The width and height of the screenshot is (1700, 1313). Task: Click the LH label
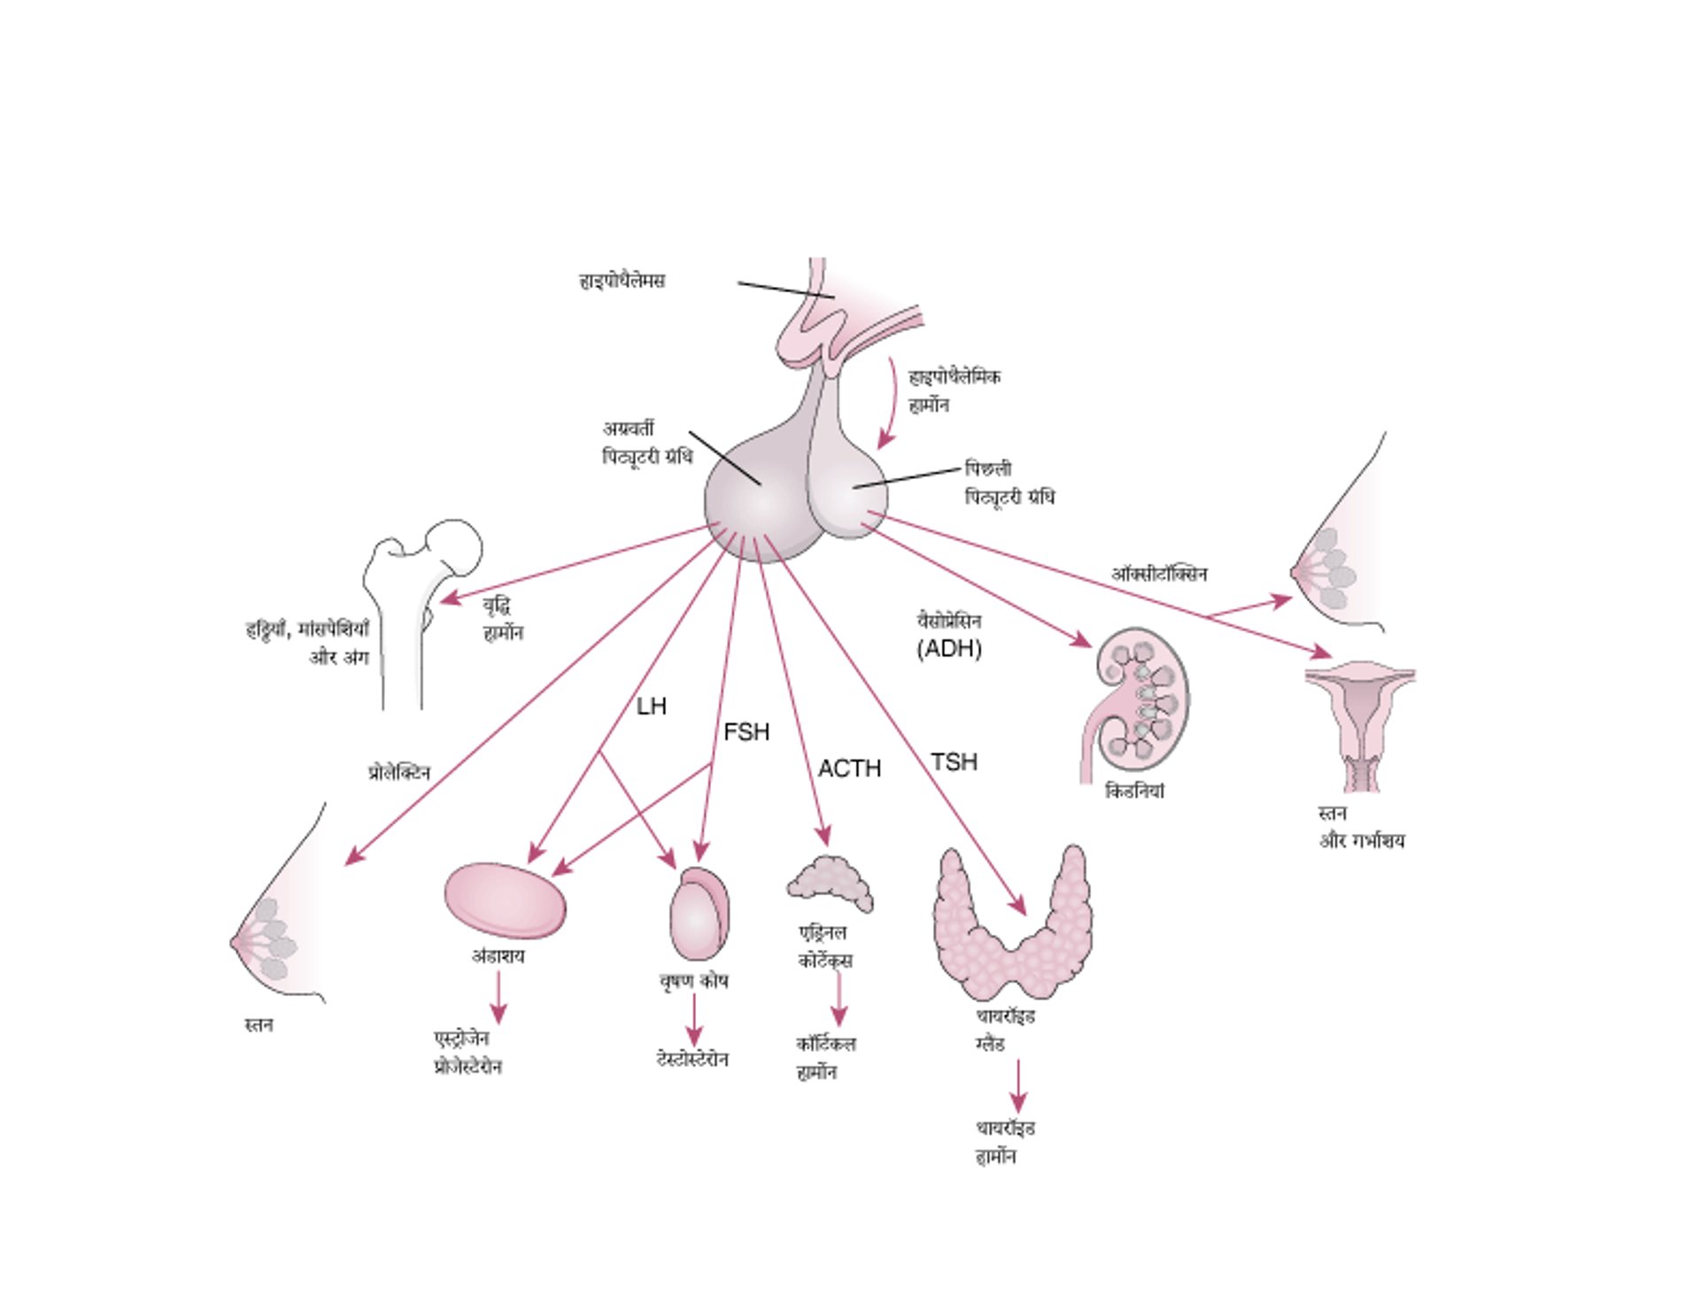(651, 707)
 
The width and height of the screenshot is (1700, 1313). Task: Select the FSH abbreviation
(746, 732)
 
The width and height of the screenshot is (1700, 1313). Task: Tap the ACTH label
(849, 768)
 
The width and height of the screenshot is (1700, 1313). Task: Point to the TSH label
(954, 762)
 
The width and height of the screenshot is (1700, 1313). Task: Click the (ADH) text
(949, 649)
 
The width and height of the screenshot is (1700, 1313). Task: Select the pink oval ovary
(505, 900)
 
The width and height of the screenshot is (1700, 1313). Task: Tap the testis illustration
(699, 915)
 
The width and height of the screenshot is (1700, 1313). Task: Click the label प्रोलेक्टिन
(399, 773)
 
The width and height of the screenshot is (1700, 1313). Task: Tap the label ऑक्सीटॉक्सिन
(1159, 575)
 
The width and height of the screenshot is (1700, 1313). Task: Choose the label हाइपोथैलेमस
(622, 281)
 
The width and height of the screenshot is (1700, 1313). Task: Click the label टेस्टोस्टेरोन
(692, 1060)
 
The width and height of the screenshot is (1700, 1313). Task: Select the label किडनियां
(1134, 792)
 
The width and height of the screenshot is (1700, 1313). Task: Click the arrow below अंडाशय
(498, 998)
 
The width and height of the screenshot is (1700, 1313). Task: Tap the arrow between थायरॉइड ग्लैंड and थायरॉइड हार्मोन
(1018, 1086)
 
